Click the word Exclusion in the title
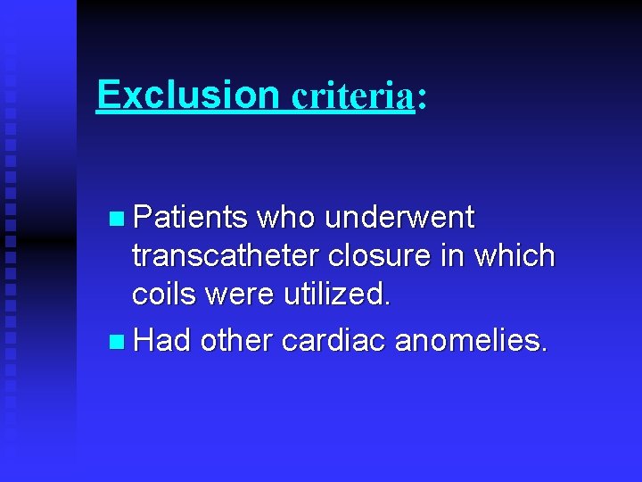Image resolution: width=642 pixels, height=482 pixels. [188, 94]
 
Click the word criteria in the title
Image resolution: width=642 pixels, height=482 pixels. [353, 96]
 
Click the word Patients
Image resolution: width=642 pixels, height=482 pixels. [189, 217]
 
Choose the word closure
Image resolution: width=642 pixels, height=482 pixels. [381, 257]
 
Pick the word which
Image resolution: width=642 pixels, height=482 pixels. [514, 257]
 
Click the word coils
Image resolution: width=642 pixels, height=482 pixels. [163, 295]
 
